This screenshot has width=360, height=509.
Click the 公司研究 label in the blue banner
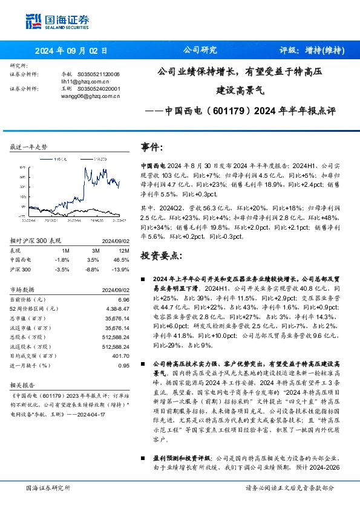(x=199, y=51)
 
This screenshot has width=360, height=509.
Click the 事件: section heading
(x=152, y=148)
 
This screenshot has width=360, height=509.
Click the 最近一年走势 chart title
(x=28, y=147)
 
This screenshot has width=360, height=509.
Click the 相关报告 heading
(x=22, y=384)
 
